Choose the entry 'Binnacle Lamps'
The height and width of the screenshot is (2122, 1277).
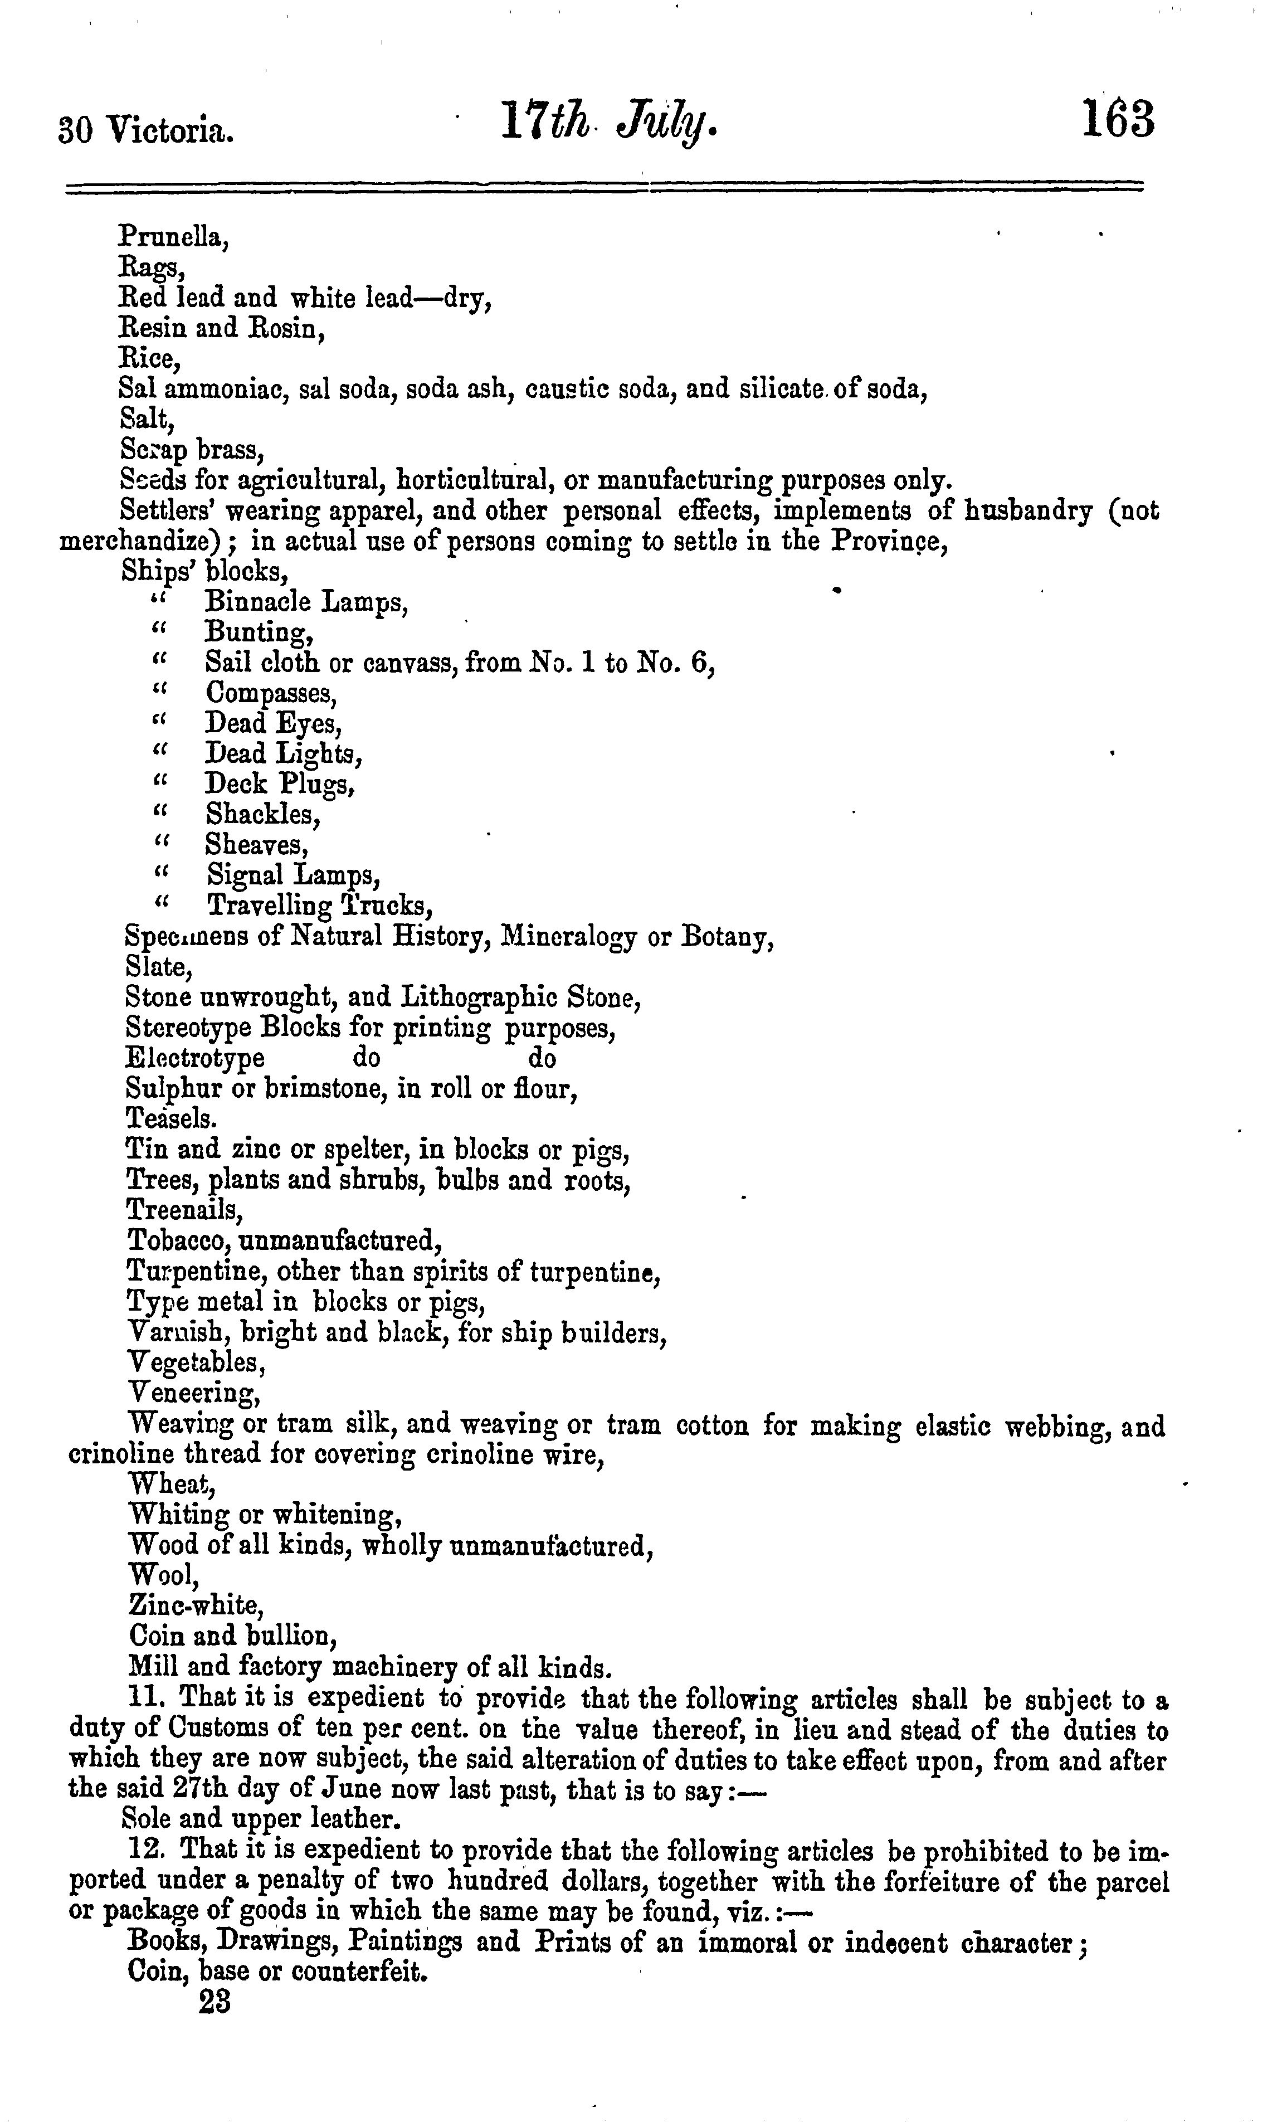[x=306, y=602]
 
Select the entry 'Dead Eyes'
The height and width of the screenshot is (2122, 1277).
[x=274, y=724]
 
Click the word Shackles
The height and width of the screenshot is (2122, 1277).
[x=264, y=814]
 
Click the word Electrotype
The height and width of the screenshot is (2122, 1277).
[x=196, y=1058]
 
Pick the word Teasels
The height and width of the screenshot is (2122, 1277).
[x=171, y=1118]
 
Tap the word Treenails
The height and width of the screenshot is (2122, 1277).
[x=185, y=1210]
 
